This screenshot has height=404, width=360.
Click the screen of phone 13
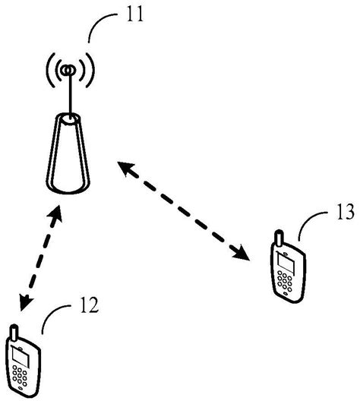(286, 263)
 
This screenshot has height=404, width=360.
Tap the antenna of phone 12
(13, 332)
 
